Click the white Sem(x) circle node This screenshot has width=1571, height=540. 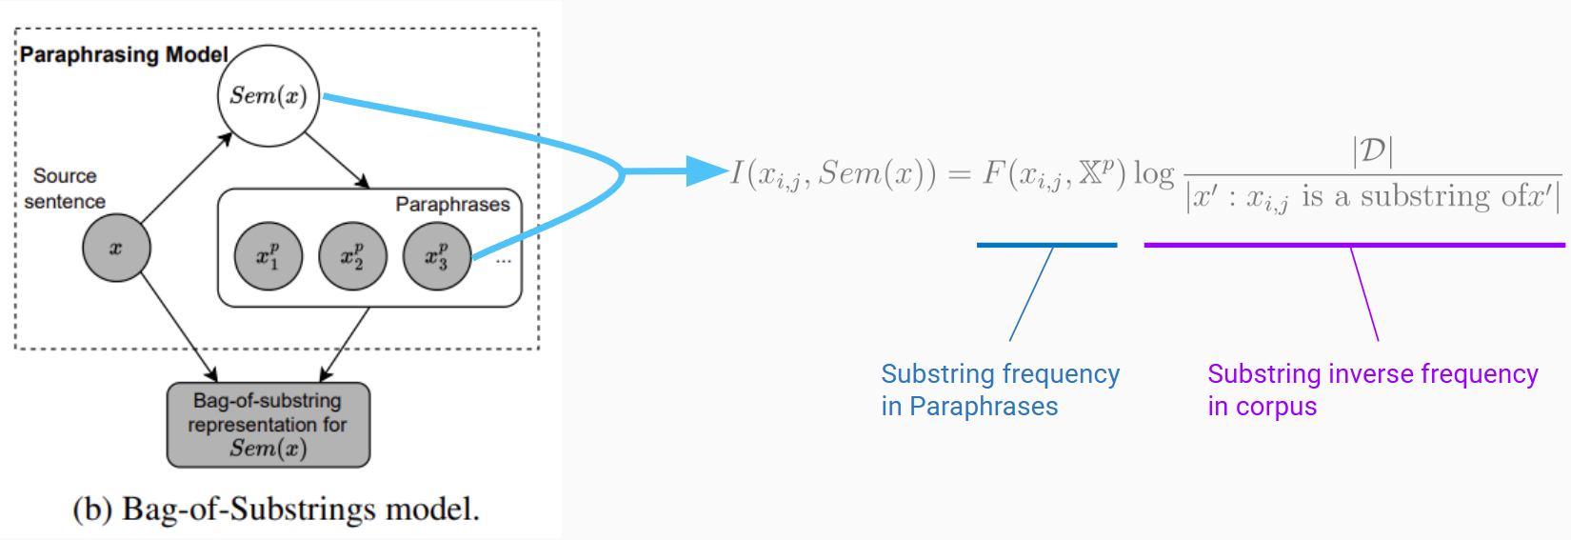coord(268,95)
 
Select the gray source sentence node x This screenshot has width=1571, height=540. coord(116,249)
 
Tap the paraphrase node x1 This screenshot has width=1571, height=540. coord(268,256)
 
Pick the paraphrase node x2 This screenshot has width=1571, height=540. coord(352,256)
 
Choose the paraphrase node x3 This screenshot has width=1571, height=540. coord(436,256)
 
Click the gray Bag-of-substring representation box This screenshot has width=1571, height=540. coord(268,425)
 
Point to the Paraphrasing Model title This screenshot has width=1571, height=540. coord(124,54)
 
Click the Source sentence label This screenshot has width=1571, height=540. coord(65,189)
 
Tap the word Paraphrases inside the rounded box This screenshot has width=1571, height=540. coord(452,205)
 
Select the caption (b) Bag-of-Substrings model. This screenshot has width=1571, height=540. coord(276,510)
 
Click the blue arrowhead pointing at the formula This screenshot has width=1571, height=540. coord(708,171)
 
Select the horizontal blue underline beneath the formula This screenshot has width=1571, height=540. coord(1046,245)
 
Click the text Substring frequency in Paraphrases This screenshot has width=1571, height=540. coord(1000,390)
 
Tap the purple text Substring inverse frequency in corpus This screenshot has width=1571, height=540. coord(1372,390)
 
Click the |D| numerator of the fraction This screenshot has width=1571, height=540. coord(1372,150)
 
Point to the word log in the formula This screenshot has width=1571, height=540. coord(1153,173)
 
